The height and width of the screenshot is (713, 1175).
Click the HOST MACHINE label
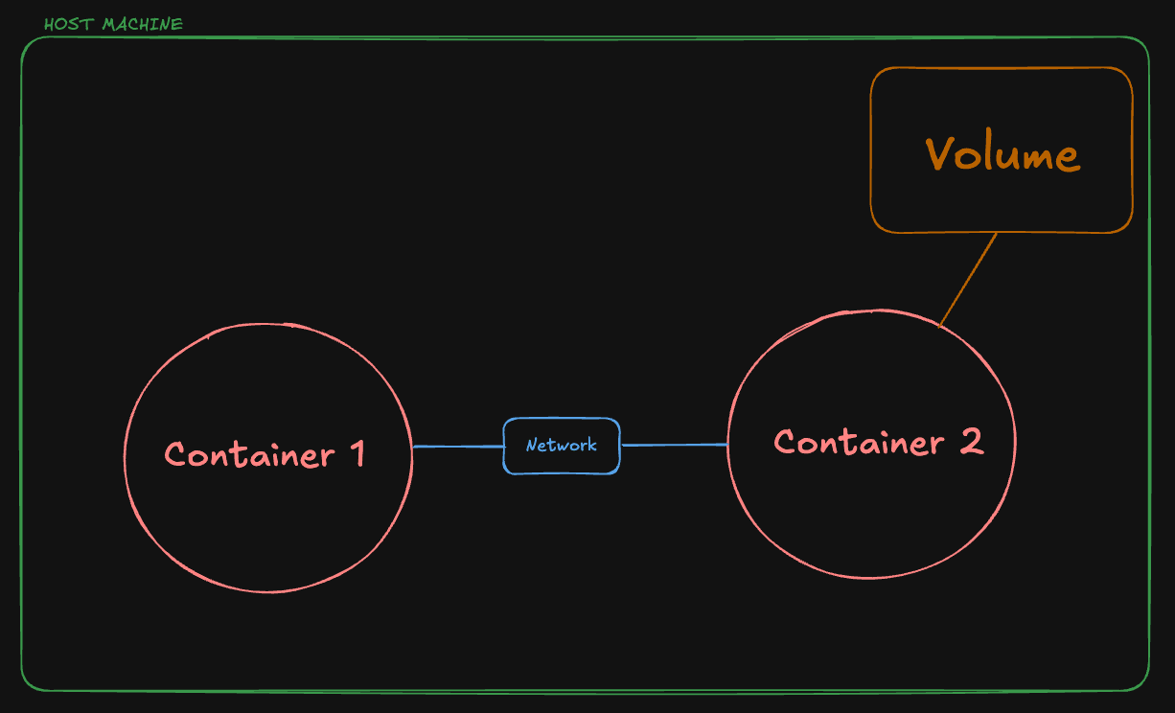pos(113,24)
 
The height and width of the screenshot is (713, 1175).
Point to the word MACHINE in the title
pos(142,24)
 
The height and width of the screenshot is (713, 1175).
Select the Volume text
pos(1002,153)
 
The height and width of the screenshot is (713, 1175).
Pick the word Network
pos(562,445)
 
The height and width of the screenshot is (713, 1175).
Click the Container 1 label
pos(265,453)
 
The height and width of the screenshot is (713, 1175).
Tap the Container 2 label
pos(878,442)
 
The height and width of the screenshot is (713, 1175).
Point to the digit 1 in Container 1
pos(357,453)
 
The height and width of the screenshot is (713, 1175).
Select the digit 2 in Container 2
pos(970,442)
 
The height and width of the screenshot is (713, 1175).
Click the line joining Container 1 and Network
pos(458,447)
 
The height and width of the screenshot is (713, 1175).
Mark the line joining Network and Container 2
pos(674,445)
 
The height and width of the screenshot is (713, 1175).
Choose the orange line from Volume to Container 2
pos(968,279)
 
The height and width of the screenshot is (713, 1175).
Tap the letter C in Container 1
pos(175,454)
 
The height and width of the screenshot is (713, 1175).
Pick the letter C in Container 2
pos(786,443)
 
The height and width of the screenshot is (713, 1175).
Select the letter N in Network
pos(531,446)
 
